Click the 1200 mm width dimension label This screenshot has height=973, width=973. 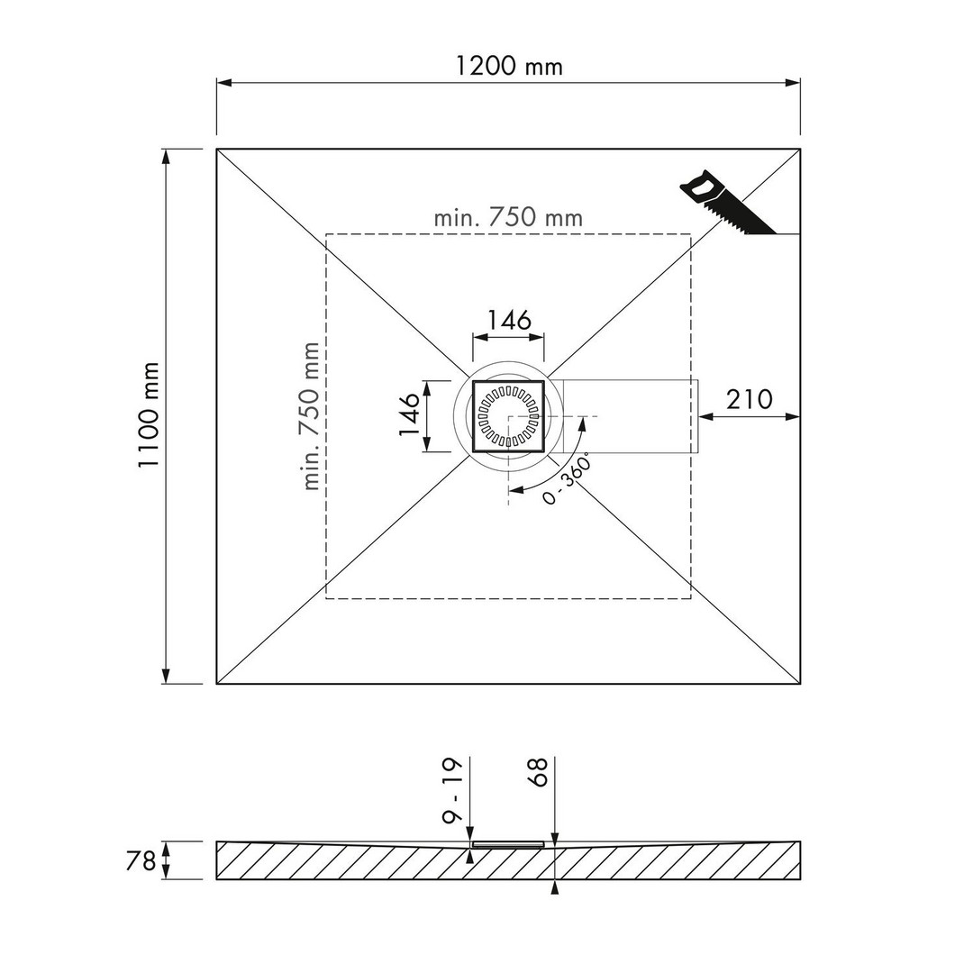(509, 66)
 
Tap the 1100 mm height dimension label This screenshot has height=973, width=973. (149, 415)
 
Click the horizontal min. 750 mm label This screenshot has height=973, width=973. (508, 217)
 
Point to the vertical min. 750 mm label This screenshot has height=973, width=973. (310, 416)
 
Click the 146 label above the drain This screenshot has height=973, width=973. (509, 320)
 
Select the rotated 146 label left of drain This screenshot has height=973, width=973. (409, 415)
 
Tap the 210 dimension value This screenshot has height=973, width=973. (750, 400)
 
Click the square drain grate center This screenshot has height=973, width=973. (508, 415)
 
